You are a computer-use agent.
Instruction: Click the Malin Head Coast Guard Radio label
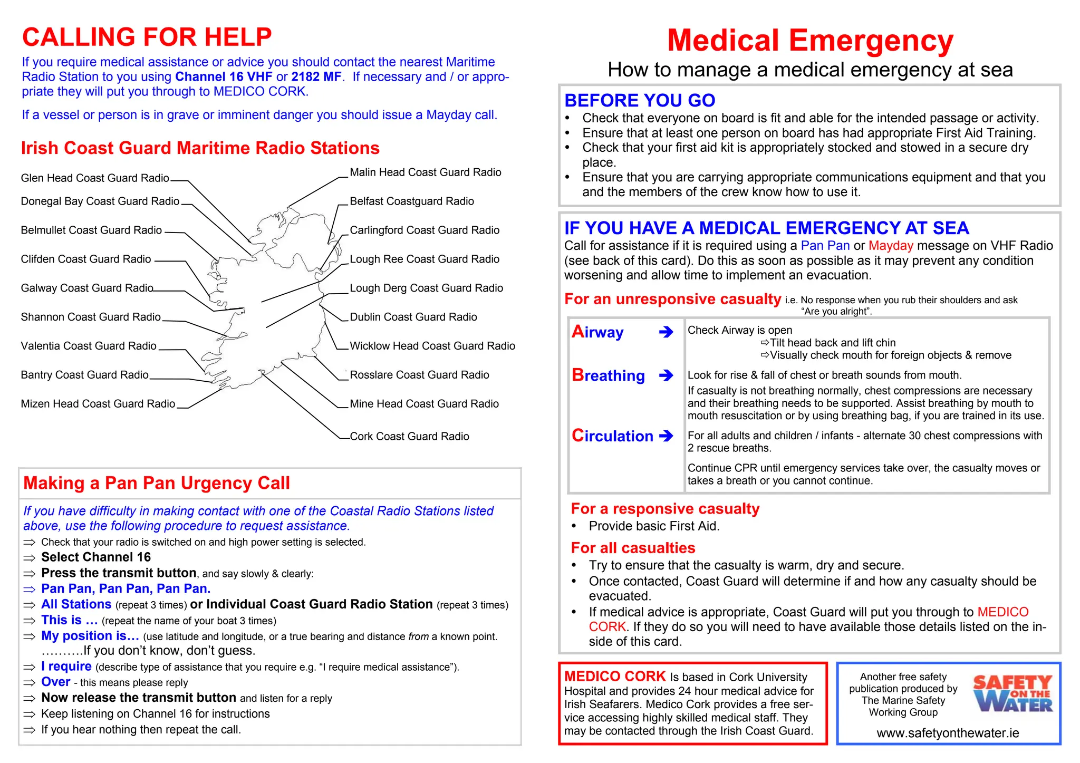425,172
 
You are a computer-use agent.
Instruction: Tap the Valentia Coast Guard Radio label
89,346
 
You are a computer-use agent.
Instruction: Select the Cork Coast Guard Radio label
409,437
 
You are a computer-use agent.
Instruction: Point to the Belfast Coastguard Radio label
412,201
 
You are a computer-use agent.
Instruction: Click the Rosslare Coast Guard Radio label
419,375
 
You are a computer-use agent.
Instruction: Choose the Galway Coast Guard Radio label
87,288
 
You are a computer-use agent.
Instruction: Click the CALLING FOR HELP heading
147,37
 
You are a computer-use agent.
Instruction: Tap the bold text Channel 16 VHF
224,77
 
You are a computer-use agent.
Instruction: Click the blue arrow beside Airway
666,332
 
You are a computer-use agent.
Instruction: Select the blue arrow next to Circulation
666,436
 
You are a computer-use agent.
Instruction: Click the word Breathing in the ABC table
608,375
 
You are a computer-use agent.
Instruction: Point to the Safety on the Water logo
1012,693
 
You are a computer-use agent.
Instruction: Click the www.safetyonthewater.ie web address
948,733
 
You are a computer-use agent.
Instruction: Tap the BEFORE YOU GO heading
640,100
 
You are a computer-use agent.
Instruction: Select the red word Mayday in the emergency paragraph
890,246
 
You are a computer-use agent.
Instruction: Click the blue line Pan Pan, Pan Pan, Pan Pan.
126,588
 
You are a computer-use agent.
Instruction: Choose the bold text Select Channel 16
96,557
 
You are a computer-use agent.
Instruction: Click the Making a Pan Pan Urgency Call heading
157,483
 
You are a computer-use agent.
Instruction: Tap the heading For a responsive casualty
665,509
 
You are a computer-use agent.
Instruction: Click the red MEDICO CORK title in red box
615,677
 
